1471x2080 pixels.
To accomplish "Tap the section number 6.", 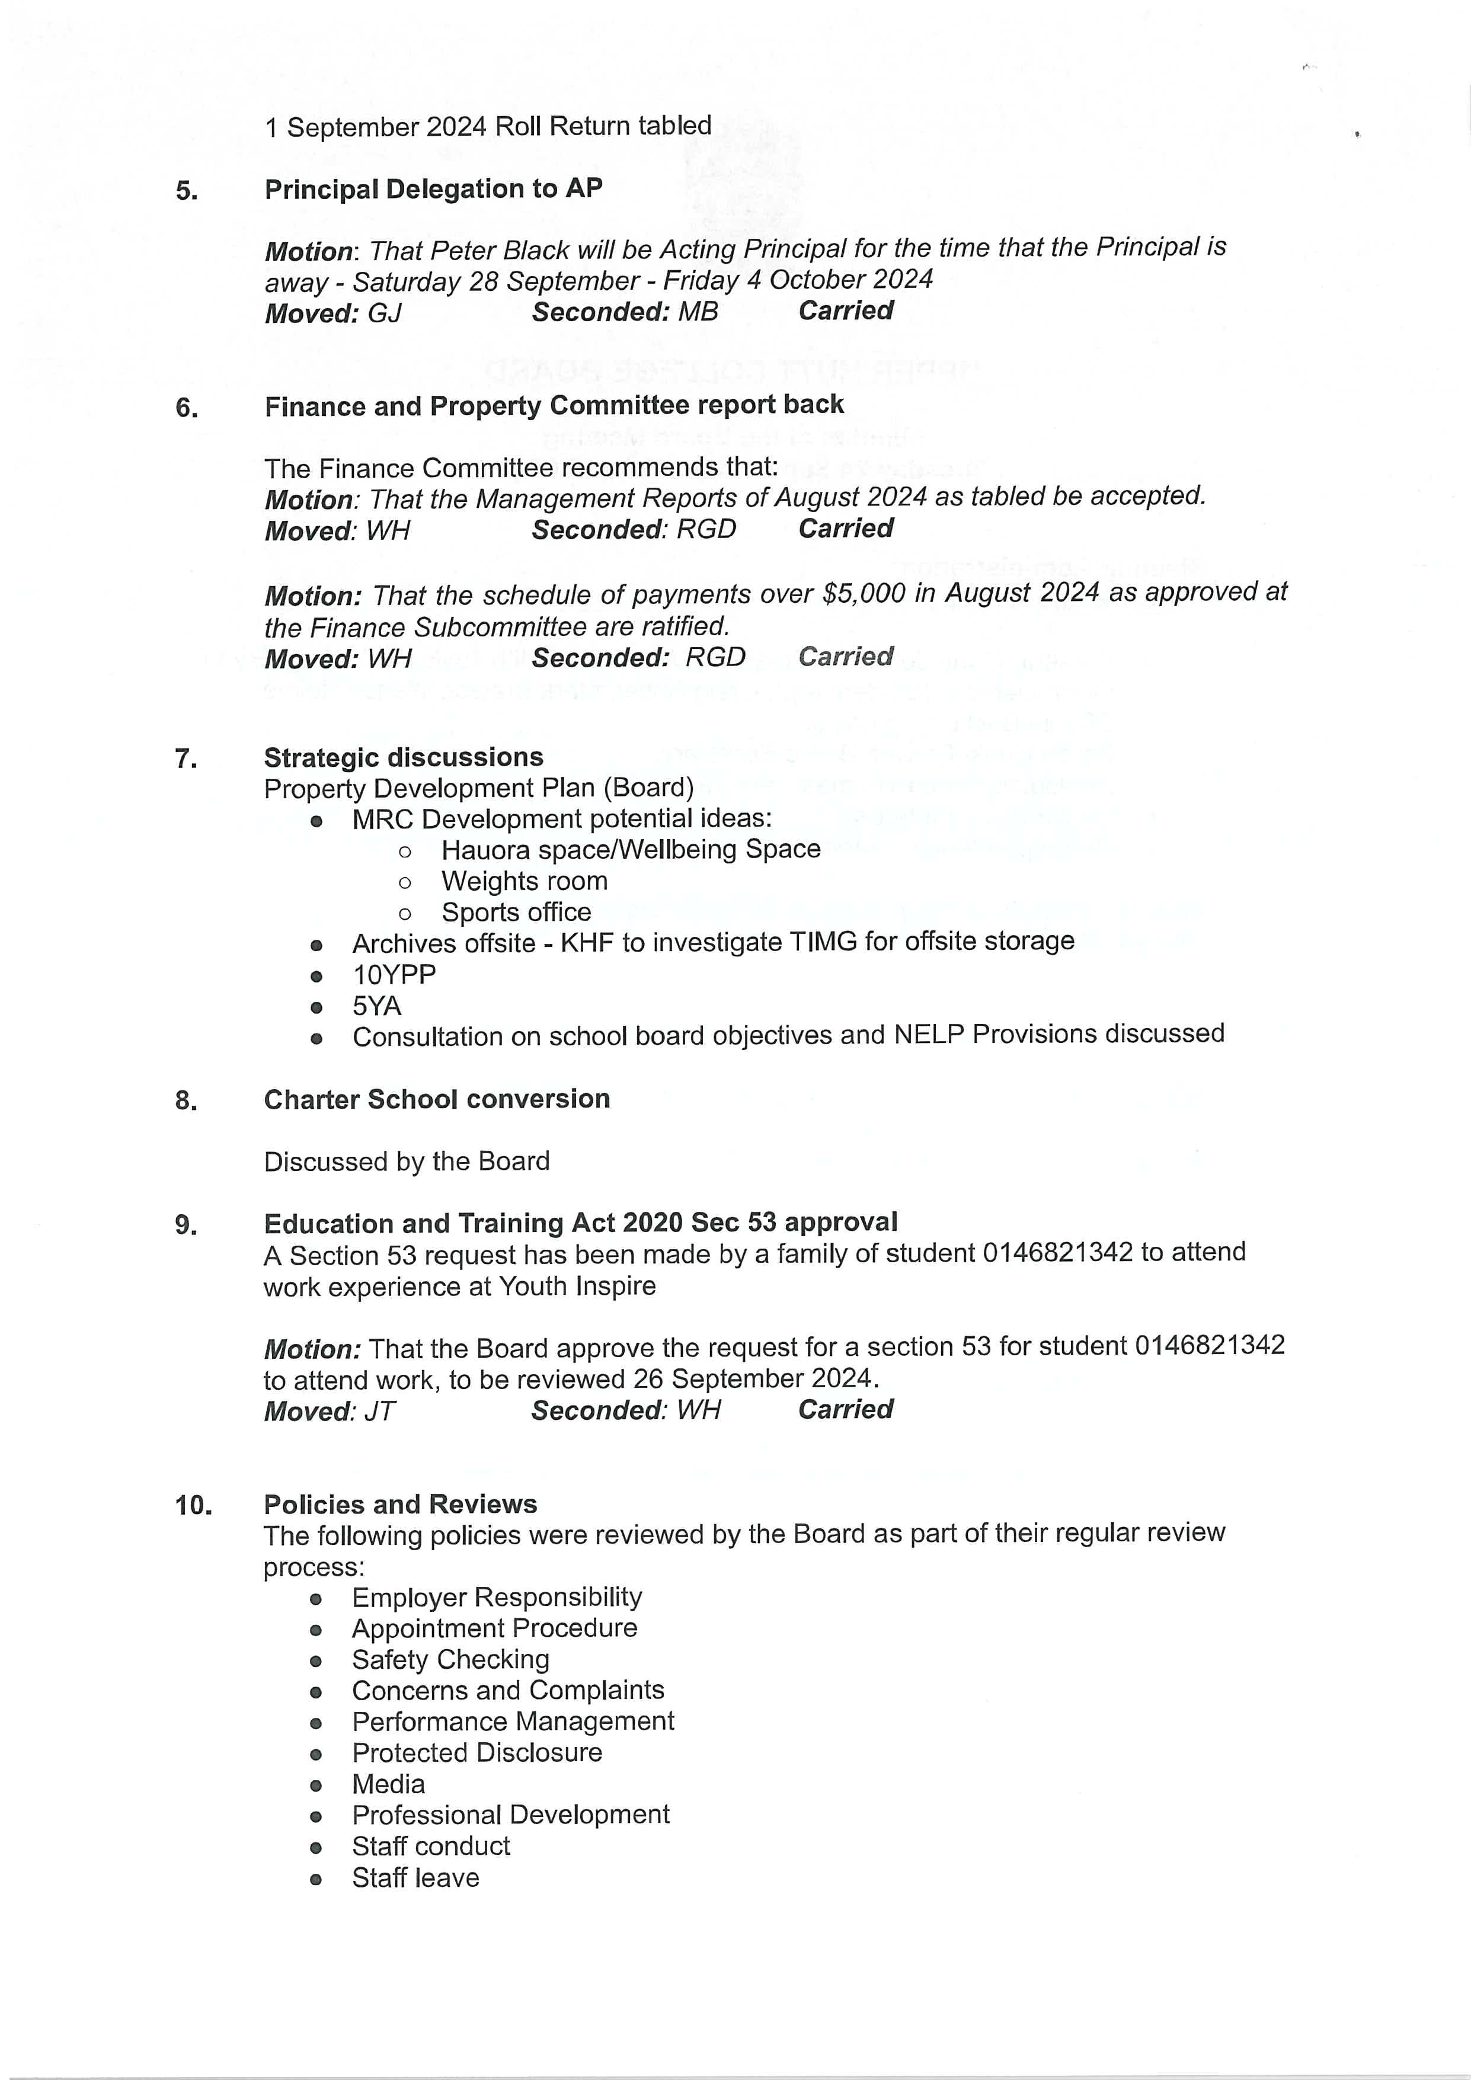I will [x=187, y=408].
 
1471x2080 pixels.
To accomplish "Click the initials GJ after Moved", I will [x=384, y=313].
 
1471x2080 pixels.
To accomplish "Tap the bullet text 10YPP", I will [x=394, y=975].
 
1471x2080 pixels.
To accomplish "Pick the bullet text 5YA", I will [x=377, y=1006].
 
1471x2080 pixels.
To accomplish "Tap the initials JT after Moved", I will [x=379, y=1412].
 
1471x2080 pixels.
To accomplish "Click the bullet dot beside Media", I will [x=315, y=1785].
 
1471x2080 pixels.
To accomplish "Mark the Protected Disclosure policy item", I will [x=477, y=1752].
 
